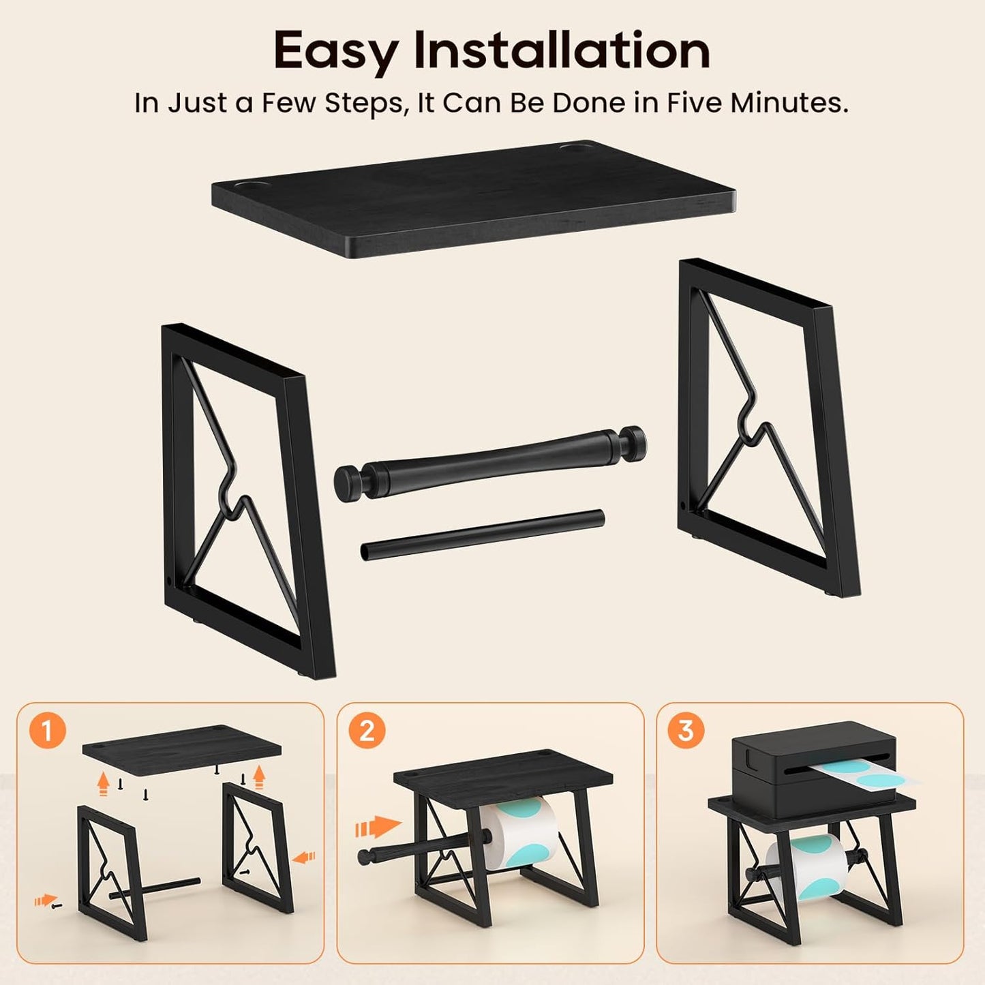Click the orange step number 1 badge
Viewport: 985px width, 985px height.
47,731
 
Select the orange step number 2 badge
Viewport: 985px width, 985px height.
367,731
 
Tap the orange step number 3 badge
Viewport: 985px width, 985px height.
686,731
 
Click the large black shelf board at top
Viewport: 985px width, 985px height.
473,197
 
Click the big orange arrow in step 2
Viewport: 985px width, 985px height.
378,827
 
